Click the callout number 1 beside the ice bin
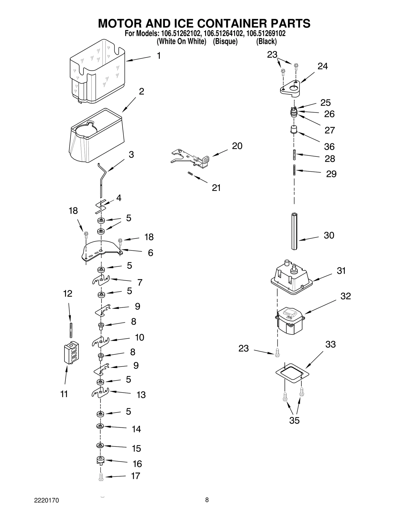(159, 56)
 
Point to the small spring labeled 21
(190, 174)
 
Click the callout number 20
(237, 146)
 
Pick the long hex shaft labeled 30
(294, 231)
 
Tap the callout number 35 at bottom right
(294, 420)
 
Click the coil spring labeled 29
(294, 170)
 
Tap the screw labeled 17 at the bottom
(101, 477)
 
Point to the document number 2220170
(46, 500)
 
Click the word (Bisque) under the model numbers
(225, 41)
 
